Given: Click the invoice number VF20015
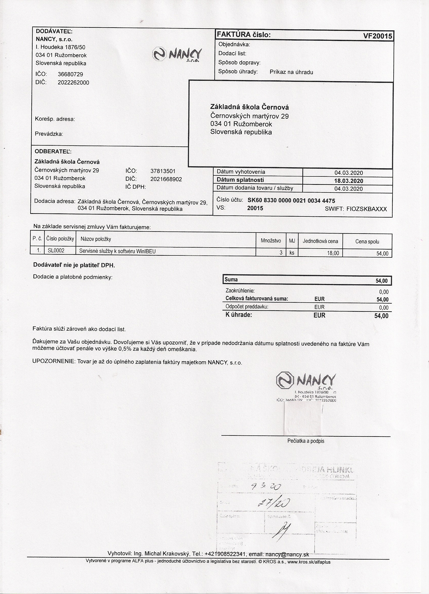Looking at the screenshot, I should (x=378, y=36).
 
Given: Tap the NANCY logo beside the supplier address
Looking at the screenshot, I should (x=177, y=54).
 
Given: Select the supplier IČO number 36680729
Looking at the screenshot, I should (x=70, y=74).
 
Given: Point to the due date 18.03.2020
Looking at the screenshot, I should (x=348, y=181).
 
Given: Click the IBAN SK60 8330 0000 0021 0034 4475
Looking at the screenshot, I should (x=291, y=201).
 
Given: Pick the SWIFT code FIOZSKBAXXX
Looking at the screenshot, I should (x=366, y=209).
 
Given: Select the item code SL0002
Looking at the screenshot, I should (x=56, y=251).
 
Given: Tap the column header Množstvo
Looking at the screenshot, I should (x=271, y=241).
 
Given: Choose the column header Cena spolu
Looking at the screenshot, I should (x=367, y=241).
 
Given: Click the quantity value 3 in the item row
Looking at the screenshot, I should (x=281, y=253).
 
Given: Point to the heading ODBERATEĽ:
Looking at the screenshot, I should (x=53, y=152).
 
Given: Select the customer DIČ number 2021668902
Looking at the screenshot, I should (x=166, y=179).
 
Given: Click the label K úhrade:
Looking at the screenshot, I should (x=238, y=315).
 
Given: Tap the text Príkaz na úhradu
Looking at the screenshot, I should (x=291, y=72).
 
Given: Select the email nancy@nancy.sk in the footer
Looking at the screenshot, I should (x=287, y=554).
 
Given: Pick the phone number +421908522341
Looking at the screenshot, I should (x=225, y=554).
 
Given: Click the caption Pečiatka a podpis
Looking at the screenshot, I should (x=305, y=441).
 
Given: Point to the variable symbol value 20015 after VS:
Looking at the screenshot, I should (x=255, y=208).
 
